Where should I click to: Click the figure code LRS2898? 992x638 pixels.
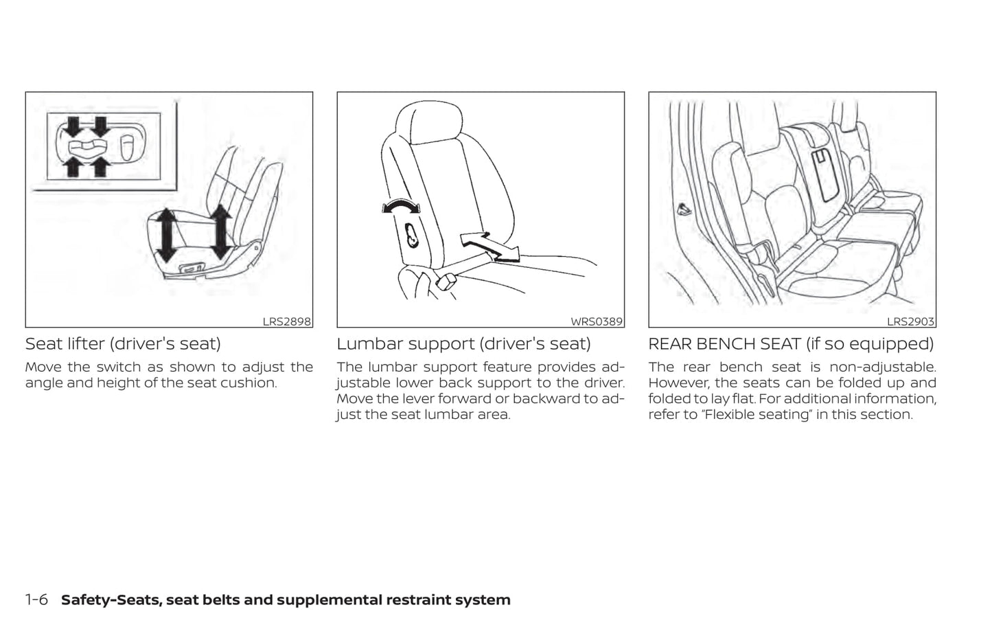tap(286, 321)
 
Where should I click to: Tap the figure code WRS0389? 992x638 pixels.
tap(597, 321)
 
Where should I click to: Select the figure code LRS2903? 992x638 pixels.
tap(910, 321)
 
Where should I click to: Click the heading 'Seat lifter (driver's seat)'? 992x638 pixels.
tap(123, 344)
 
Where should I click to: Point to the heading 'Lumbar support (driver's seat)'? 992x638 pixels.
tap(463, 344)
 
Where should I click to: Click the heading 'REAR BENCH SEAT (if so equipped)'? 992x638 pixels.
tap(791, 344)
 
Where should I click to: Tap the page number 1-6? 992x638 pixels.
tap(36, 600)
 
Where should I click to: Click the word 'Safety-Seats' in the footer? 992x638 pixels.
tap(111, 600)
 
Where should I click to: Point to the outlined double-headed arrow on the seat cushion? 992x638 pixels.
tap(489, 247)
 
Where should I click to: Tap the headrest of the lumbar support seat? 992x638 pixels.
tap(428, 122)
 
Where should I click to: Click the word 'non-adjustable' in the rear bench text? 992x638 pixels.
tap(883, 367)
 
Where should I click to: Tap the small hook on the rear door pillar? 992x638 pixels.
tap(684, 209)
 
